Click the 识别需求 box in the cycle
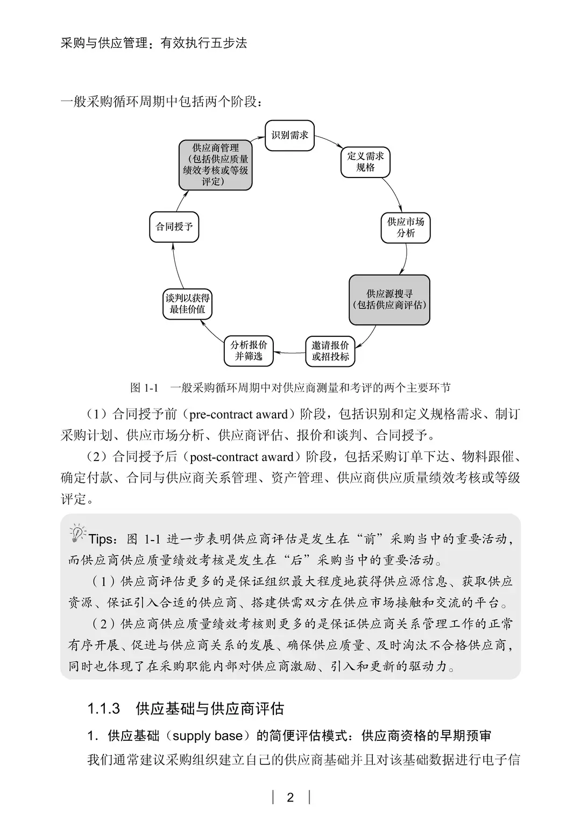point(290,136)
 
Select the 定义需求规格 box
point(365,162)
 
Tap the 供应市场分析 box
point(406,228)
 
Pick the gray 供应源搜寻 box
point(389,300)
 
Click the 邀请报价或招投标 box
point(330,351)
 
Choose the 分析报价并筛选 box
point(248,351)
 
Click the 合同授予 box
point(174,227)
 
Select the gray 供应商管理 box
point(216,165)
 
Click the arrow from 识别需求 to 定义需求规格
point(329,141)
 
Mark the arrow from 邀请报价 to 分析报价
point(289,353)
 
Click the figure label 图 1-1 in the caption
point(144,387)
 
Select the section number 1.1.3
point(103,708)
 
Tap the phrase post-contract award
point(242,457)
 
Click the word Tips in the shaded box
point(101,539)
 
